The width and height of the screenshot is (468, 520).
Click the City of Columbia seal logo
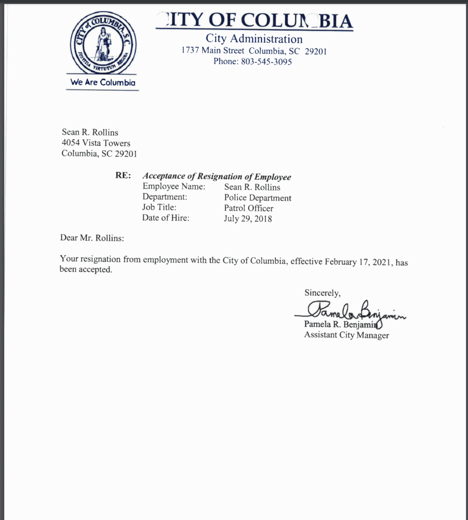(x=103, y=44)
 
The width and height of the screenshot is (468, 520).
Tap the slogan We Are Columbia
(x=103, y=82)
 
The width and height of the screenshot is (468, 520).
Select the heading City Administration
(x=254, y=39)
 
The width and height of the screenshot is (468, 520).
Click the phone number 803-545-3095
(x=268, y=61)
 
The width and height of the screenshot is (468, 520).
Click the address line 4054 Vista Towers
(x=96, y=143)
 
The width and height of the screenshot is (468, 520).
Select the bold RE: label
(x=123, y=176)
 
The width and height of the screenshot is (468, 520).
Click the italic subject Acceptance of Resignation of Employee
(x=217, y=177)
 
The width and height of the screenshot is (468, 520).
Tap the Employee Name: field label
(x=174, y=186)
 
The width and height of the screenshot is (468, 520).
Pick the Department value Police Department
(x=257, y=198)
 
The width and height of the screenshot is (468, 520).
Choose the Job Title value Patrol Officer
(x=249, y=208)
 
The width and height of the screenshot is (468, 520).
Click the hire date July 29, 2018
(x=248, y=219)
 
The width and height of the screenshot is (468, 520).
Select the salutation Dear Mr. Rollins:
(x=92, y=238)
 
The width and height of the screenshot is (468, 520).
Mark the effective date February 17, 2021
(x=358, y=262)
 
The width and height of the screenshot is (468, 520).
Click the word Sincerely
(x=322, y=292)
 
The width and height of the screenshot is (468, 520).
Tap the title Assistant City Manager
(x=346, y=335)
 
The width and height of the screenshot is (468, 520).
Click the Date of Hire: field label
(x=165, y=218)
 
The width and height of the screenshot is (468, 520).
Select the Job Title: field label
(x=159, y=208)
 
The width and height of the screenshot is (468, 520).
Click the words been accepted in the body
(x=85, y=270)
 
